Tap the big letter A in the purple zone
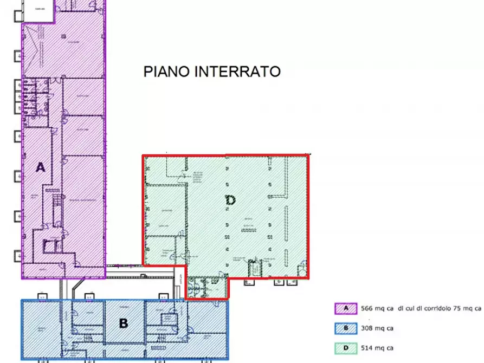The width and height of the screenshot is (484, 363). click(40, 167)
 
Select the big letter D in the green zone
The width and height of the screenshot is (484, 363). click(230, 200)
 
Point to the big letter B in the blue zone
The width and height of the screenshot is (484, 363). click(124, 323)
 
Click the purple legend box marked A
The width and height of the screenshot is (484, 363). click(345, 309)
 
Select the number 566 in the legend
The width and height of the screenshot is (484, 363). click(367, 309)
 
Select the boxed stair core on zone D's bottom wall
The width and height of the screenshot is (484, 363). click(254, 269)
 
